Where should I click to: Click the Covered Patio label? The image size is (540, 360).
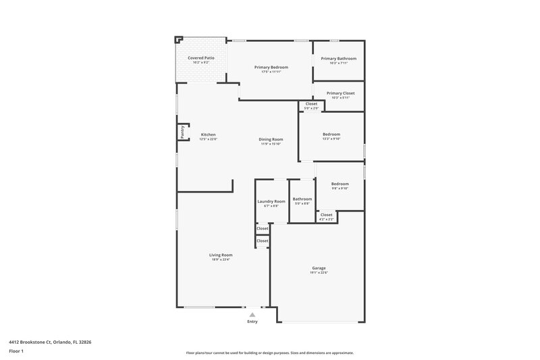pos(201,58)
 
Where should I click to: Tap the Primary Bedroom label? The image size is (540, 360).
pos(271,68)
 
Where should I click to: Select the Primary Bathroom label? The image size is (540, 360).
pos(338,59)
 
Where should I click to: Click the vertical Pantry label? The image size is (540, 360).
pos(182,132)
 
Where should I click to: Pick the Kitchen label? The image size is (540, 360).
pos(209,134)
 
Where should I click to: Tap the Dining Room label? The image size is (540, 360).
pos(270,139)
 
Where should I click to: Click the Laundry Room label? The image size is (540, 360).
pos(271,201)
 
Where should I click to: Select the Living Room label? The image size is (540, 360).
pos(221,255)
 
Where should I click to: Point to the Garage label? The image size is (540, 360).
pos(319,267)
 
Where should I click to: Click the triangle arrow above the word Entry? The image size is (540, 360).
pos(252,314)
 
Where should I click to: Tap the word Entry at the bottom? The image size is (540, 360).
pos(252,322)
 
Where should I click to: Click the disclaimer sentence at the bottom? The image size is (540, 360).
pos(270,353)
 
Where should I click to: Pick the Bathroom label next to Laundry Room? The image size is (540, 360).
pos(302,199)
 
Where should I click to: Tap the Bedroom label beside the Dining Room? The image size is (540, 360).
pos(331,134)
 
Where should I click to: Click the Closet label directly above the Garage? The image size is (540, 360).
pos(326,214)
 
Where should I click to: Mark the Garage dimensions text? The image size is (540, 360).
pos(319,273)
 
